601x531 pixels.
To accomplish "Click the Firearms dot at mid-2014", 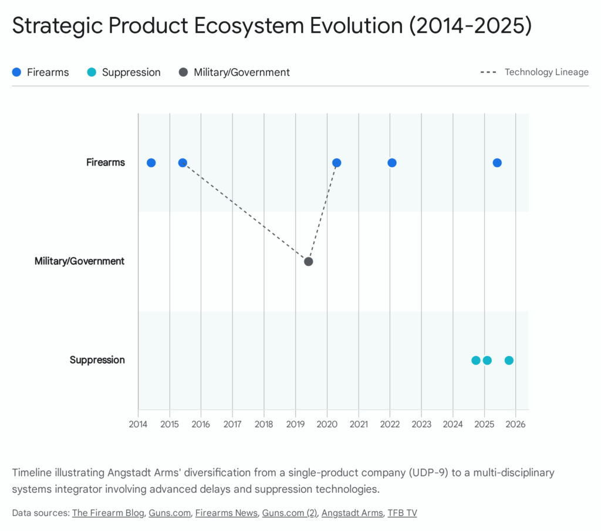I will click(151, 163).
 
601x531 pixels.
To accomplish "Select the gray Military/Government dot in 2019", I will click(308, 261).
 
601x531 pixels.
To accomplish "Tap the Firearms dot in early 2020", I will click(336, 163).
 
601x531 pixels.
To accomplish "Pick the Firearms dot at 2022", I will click(392, 163).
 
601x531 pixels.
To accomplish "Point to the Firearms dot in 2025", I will click(497, 163).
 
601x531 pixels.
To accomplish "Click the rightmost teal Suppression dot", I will click(509, 360).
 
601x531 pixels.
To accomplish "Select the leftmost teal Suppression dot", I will click(475, 360).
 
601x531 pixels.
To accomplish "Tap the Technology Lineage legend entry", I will click(534, 72).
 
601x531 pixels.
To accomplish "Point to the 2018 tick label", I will click(264, 424).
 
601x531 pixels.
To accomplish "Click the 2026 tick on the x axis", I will click(515, 424).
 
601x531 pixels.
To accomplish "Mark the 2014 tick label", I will click(138, 424).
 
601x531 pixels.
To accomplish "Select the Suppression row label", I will click(97, 360).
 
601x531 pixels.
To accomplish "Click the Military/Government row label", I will click(80, 261).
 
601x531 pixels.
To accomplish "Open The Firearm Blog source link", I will click(107, 513).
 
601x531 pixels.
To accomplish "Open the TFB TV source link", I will click(402, 513).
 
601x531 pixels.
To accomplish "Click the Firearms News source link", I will click(227, 513).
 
